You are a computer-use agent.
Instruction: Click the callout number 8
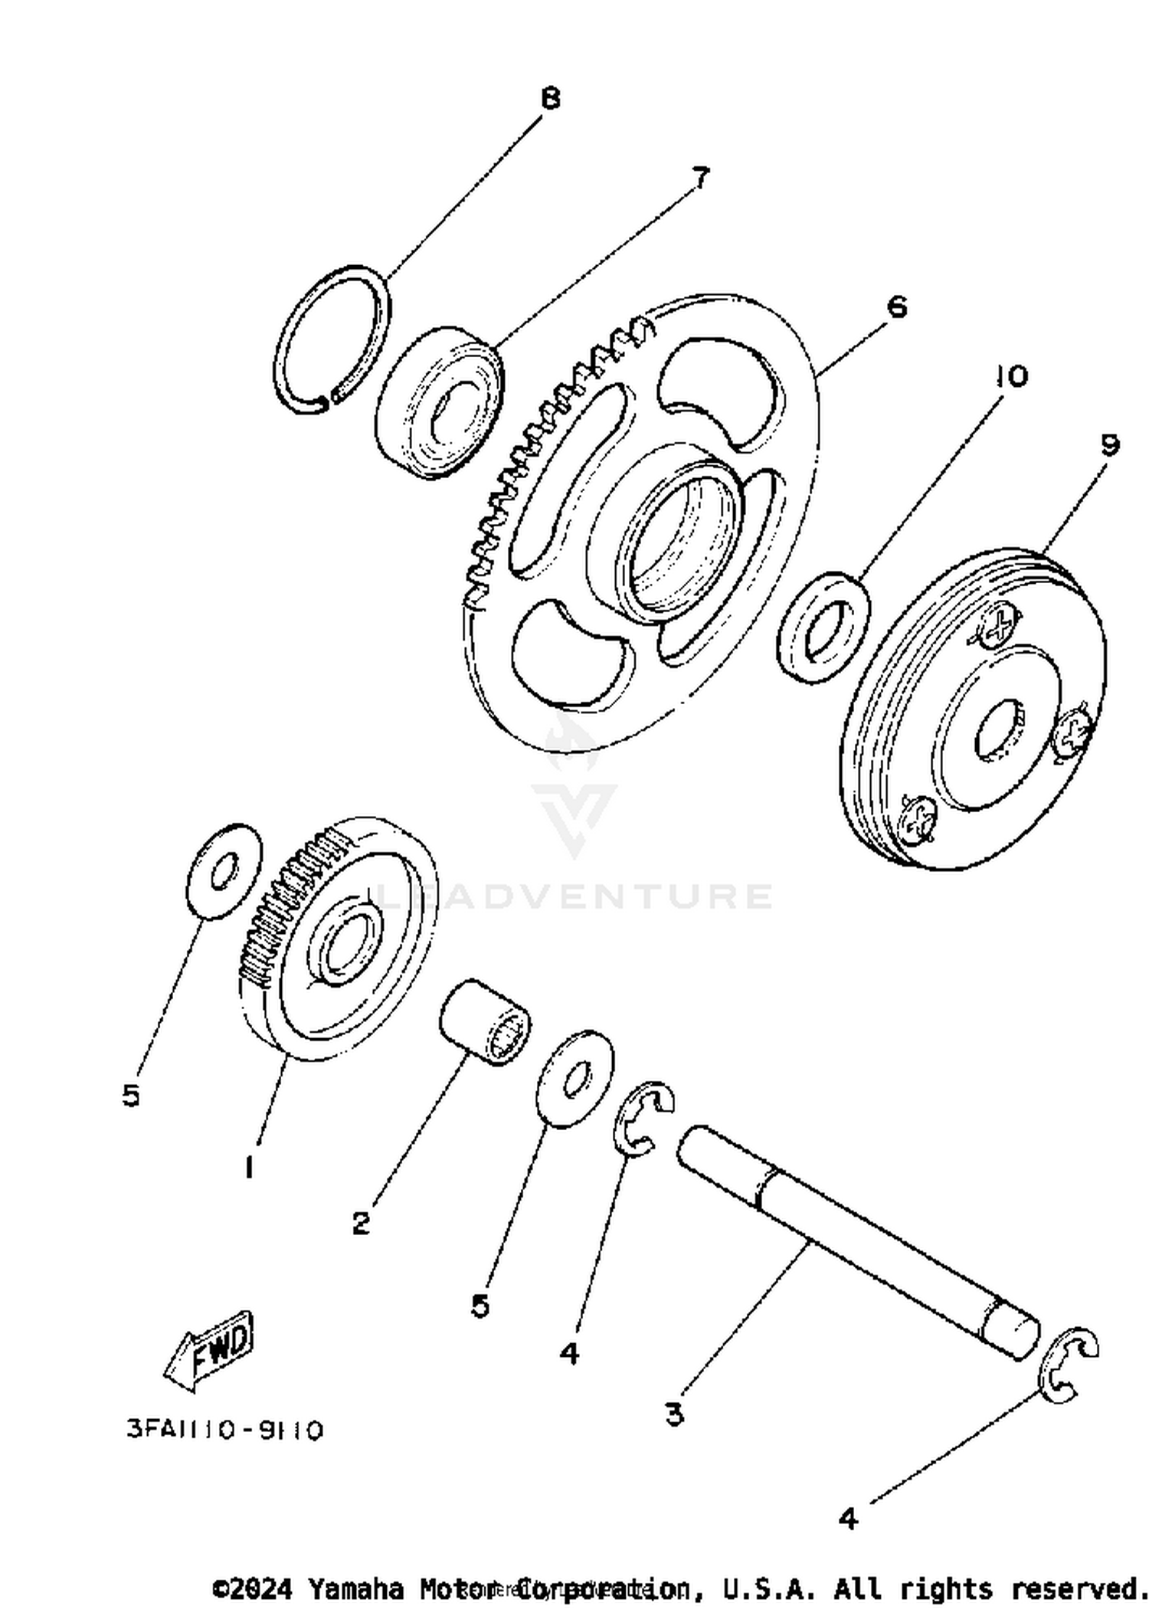[550, 99]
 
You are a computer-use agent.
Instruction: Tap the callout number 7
[701, 178]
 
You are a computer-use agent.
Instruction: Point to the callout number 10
[1012, 376]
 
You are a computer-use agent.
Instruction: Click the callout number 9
[1110, 445]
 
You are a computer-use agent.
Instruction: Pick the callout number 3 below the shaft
[674, 1414]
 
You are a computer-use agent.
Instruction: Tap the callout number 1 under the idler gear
[249, 1168]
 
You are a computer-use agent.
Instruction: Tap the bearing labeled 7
[440, 401]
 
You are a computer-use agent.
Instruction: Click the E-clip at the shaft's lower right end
[1069, 1365]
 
